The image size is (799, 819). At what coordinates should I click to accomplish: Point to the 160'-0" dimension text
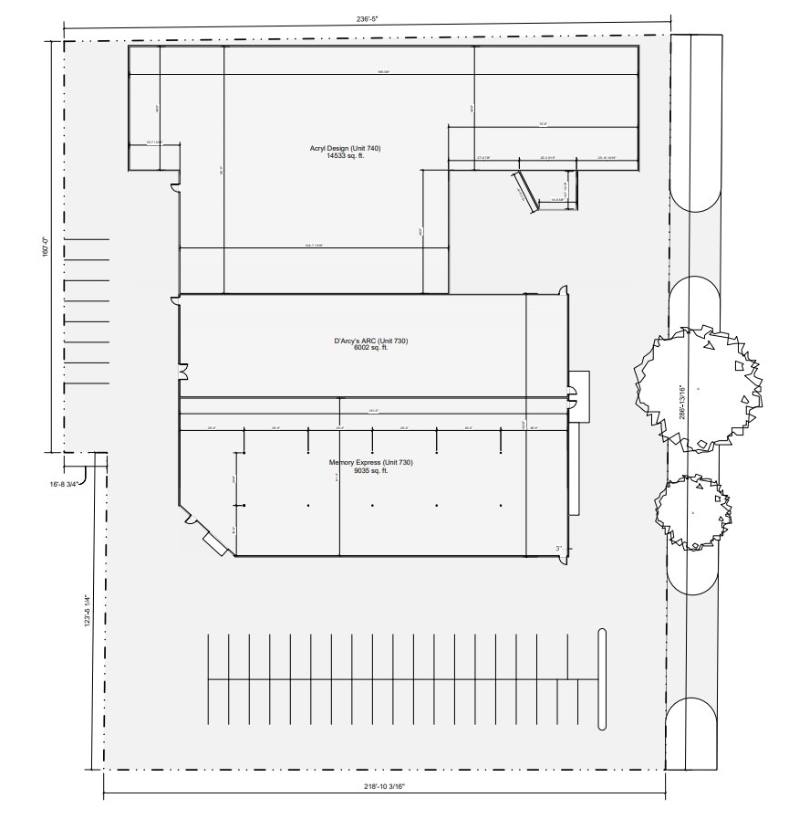click(x=44, y=247)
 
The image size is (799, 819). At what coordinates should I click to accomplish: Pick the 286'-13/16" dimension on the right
click(x=683, y=402)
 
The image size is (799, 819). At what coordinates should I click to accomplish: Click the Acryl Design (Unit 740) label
click(x=370, y=148)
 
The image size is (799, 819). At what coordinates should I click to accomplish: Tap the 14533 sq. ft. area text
click(x=370, y=156)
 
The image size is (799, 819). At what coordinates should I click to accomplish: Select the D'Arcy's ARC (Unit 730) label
click(x=370, y=341)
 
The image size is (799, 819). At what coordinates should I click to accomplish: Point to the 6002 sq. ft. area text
click(x=370, y=348)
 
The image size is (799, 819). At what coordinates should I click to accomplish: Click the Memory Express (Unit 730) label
click(x=371, y=463)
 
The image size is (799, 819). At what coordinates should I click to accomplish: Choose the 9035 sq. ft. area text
click(x=371, y=470)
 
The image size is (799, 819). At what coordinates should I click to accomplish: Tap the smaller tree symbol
click(x=693, y=512)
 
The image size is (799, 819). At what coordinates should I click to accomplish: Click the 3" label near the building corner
click(x=559, y=549)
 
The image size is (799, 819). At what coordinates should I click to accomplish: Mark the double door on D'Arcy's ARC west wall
click(x=184, y=373)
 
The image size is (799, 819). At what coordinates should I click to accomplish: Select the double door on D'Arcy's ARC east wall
click(x=573, y=395)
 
